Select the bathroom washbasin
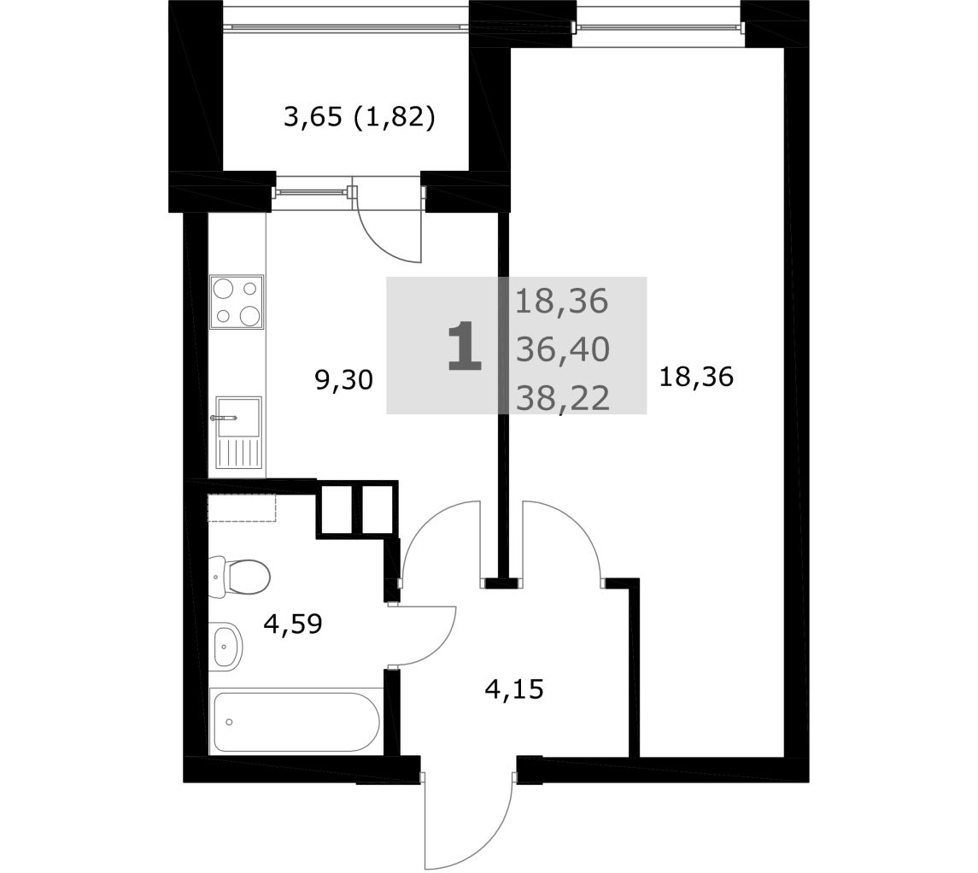tap(225, 647)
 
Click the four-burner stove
tap(237, 302)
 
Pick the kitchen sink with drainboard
tap(238, 432)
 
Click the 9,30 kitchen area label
tap(343, 380)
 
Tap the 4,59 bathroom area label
tap(292, 624)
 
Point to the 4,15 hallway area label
tap(514, 689)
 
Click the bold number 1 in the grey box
tap(465, 348)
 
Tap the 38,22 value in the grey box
tap(563, 398)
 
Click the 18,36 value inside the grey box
tap(561, 302)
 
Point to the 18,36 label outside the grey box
tap(696, 378)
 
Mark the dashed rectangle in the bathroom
tap(242, 507)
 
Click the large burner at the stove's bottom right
tap(250, 315)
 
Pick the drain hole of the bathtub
tap(230, 722)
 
